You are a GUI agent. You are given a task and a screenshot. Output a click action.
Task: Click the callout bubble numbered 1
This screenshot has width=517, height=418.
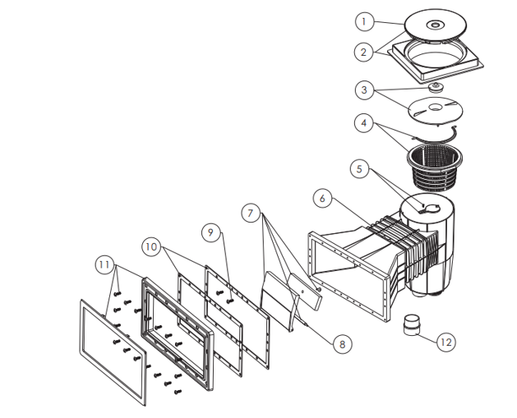pos(364,21)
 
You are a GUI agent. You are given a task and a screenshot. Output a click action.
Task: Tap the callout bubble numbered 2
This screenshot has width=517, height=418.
pos(363,52)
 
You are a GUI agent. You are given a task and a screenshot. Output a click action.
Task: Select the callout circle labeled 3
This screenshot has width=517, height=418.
pos(364,90)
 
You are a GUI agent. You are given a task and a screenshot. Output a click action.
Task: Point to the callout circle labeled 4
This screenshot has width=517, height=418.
pos(363,123)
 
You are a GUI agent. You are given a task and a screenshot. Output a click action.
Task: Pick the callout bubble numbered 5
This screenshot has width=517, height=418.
pos(359,169)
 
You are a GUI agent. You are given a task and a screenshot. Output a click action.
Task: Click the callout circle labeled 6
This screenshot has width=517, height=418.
pos(322,198)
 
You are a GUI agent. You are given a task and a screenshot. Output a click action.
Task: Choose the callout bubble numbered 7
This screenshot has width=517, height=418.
pos(251,214)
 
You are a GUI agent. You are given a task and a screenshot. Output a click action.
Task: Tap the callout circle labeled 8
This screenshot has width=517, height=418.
pos(342,345)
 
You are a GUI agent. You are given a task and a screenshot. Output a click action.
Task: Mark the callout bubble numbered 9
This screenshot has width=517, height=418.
pos(211,232)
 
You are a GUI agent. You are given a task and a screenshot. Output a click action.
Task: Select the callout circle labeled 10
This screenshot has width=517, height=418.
pos(151,246)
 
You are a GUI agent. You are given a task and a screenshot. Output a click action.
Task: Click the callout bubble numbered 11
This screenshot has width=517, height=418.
pos(104,264)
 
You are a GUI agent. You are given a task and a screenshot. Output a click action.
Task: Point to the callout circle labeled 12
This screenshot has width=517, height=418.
pos(445,342)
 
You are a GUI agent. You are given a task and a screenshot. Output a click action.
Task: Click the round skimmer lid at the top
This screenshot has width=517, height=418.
pos(436,25)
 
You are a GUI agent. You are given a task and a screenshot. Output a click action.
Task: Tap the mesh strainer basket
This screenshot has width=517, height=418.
pos(434,168)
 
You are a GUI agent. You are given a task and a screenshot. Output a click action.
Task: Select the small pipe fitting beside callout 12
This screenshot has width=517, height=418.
pos(412,324)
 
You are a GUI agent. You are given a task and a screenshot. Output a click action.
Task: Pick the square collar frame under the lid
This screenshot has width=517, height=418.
pos(436,62)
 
